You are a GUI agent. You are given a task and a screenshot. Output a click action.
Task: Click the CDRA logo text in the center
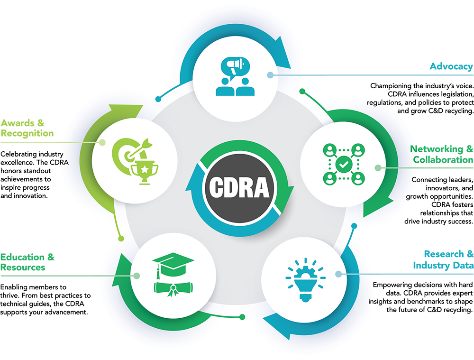[239, 187]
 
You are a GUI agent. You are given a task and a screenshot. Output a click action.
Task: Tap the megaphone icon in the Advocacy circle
[236, 66]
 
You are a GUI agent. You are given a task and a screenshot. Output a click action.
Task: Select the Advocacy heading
[451, 66]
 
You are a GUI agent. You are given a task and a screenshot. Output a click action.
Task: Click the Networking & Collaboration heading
[442, 154]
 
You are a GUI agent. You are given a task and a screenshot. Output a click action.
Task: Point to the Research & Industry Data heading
[443, 259]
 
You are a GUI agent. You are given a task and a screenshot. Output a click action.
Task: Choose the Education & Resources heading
[27, 262]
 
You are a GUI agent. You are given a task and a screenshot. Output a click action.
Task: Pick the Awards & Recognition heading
[27, 128]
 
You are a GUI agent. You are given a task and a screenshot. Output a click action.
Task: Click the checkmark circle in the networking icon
[344, 164]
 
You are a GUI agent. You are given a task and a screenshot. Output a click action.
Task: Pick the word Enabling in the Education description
[12, 287]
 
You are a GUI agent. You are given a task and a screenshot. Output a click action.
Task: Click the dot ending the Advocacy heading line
[270, 75]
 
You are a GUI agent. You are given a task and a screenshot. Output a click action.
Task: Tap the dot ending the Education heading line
[137, 276]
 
